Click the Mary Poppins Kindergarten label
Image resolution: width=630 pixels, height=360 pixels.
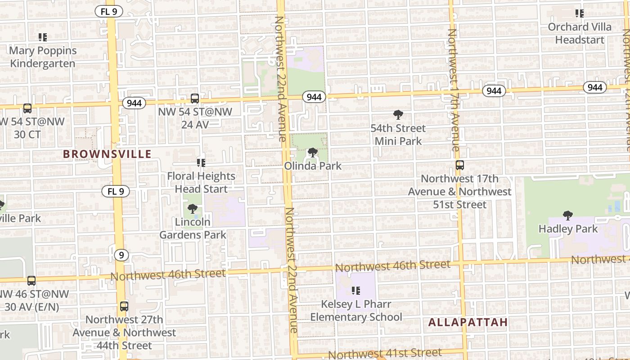coord(43,57)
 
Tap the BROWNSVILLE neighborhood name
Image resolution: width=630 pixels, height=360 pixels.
coord(107,154)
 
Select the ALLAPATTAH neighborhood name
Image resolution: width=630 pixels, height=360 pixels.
coord(468,322)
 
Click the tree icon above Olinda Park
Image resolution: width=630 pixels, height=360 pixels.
coord(312,153)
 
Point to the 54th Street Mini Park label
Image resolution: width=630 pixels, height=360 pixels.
coord(398,135)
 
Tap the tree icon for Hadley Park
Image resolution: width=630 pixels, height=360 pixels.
coord(568,216)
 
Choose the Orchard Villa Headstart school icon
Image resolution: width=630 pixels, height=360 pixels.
coord(580,13)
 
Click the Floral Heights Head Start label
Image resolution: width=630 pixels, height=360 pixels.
coord(201,182)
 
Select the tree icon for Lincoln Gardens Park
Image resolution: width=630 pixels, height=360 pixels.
coord(193,209)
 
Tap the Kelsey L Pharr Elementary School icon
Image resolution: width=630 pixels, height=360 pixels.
coord(356,291)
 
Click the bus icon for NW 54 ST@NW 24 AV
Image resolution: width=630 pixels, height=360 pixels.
coord(195,98)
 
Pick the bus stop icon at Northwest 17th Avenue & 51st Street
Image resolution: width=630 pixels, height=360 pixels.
coord(459,165)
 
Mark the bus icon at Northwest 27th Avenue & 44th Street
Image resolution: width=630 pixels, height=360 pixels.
coord(124,306)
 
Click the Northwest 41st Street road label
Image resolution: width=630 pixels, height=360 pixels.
coord(385,353)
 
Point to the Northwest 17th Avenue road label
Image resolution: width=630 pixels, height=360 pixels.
coord(453,90)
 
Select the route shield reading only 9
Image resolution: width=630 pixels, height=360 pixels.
coord(121,255)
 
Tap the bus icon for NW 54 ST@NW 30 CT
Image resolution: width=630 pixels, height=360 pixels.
coord(27,108)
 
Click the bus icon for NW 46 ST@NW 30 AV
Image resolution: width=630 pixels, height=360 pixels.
coord(31,281)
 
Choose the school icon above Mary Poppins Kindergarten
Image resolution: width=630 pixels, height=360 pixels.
coord(43,37)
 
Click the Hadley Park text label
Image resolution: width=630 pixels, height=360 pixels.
coord(568,229)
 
